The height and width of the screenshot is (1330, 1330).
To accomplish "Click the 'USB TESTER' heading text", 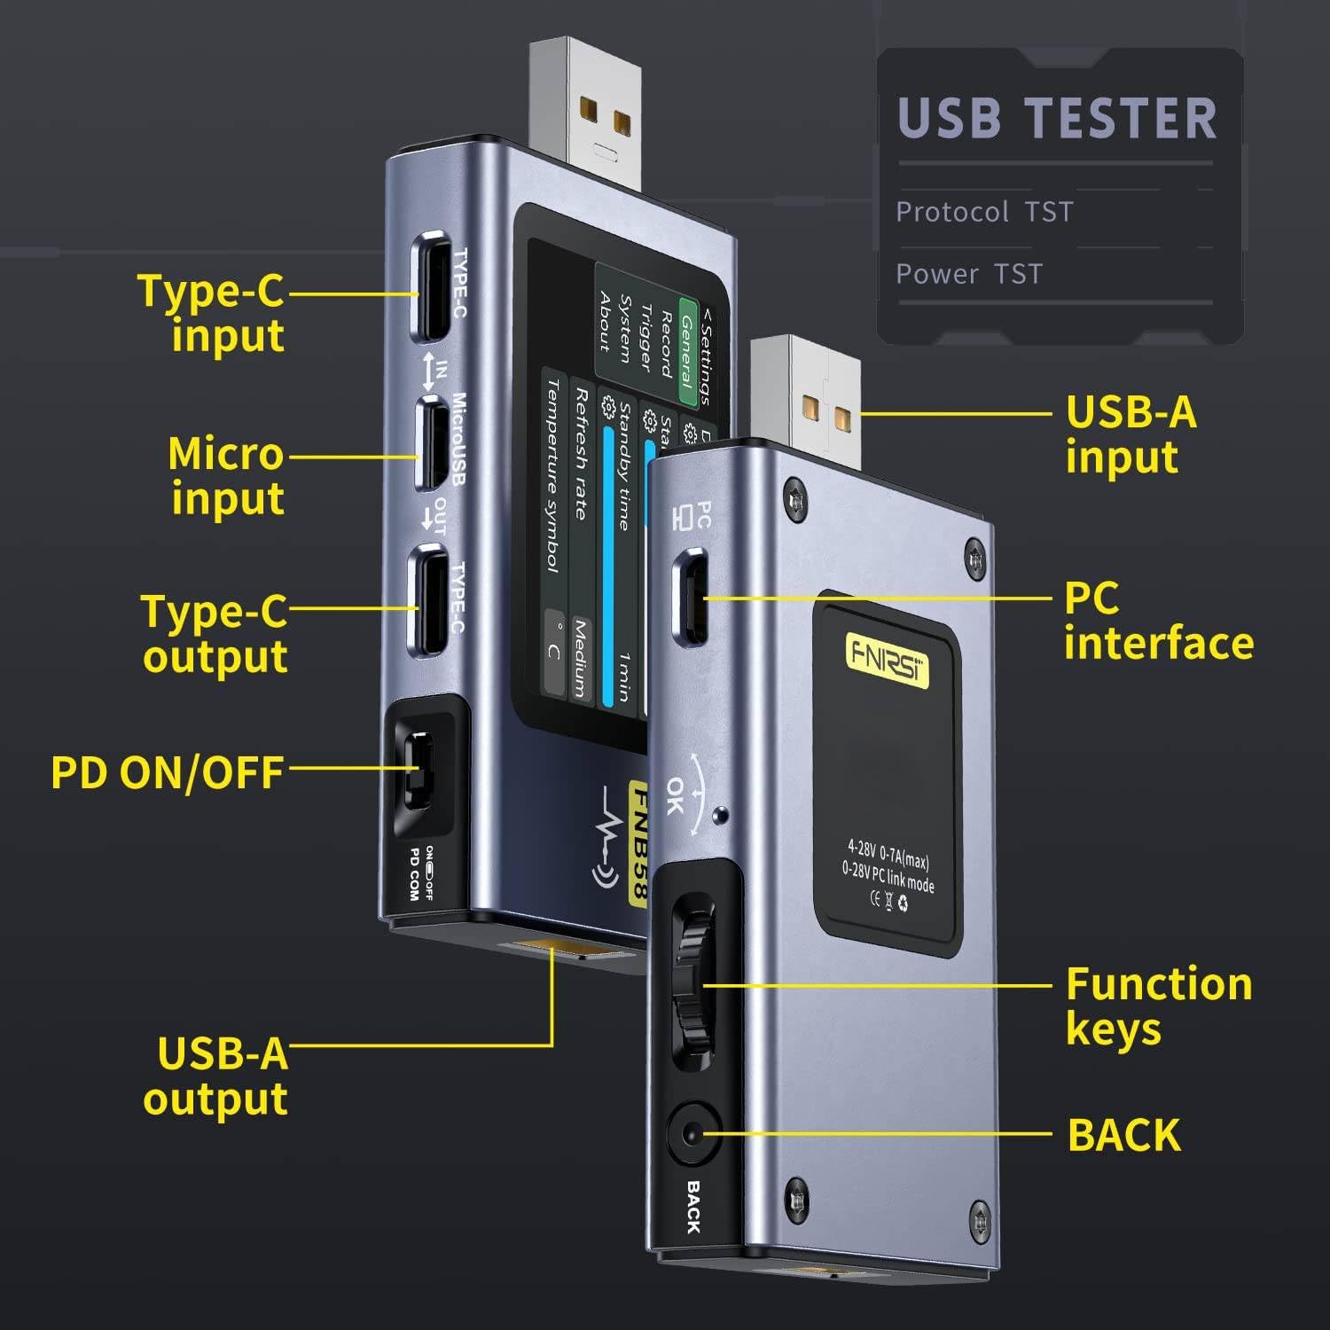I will click(1057, 119).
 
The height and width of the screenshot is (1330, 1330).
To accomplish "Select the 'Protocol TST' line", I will click(984, 212).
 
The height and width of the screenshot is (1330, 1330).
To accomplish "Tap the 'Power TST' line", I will click(969, 274).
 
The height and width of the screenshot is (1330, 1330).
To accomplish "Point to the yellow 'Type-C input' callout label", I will click(213, 313).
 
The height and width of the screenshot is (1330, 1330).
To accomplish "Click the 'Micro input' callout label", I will click(227, 475).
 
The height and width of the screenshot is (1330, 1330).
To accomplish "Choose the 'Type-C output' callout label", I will click(215, 634).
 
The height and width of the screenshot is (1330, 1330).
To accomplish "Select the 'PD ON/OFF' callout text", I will click(168, 772).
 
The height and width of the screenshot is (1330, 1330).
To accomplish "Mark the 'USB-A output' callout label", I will click(216, 1076).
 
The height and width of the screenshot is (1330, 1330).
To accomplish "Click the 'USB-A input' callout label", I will click(1130, 434).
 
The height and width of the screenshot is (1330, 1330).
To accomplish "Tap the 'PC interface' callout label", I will click(1158, 621).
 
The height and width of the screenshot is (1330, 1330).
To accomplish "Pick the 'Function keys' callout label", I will click(1158, 1006).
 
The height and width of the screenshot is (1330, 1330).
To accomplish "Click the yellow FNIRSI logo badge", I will click(887, 660).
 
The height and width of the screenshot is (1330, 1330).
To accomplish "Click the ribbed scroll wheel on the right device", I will click(692, 984).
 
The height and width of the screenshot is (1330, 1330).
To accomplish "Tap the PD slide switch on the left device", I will click(418, 768).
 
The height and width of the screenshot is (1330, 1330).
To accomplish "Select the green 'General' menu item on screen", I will click(687, 350).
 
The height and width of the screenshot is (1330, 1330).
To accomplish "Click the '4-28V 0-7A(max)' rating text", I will click(888, 854).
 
